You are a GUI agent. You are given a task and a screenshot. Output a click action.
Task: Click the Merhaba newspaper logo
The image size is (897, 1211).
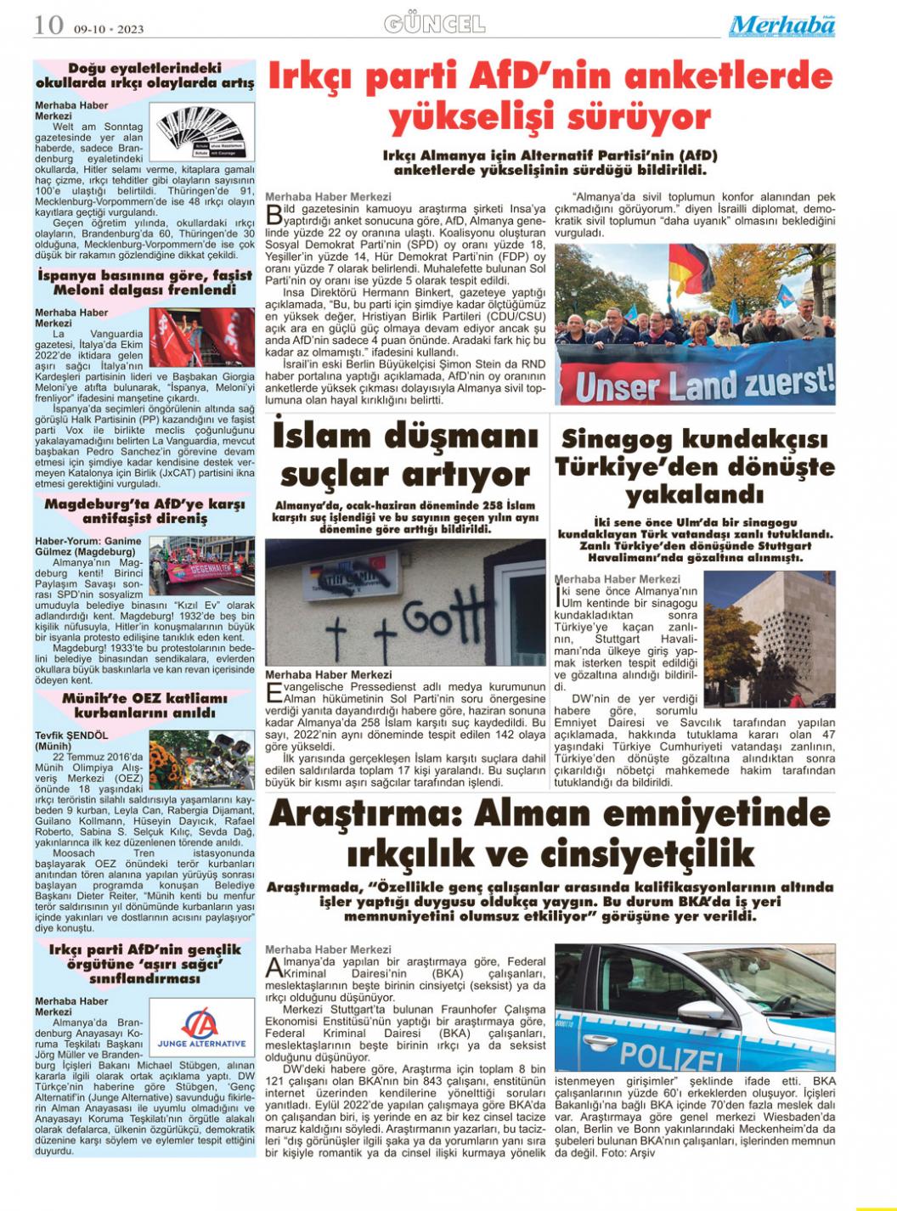pyautogui.click(x=781, y=25)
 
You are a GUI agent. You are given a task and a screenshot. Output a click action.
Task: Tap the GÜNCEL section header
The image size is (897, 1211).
pyautogui.click(x=434, y=24)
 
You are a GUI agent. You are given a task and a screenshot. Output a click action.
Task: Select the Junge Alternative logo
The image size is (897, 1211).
pyautogui.click(x=201, y=1025)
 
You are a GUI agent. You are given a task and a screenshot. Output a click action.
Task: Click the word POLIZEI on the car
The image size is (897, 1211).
pyautogui.click(x=670, y=1057)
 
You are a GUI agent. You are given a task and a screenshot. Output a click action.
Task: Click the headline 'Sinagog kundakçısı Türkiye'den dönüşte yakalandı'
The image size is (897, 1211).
pyautogui.click(x=694, y=466)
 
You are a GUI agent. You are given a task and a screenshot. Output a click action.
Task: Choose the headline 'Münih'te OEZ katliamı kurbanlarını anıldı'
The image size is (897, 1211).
pyautogui.click(x=144, y=706)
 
